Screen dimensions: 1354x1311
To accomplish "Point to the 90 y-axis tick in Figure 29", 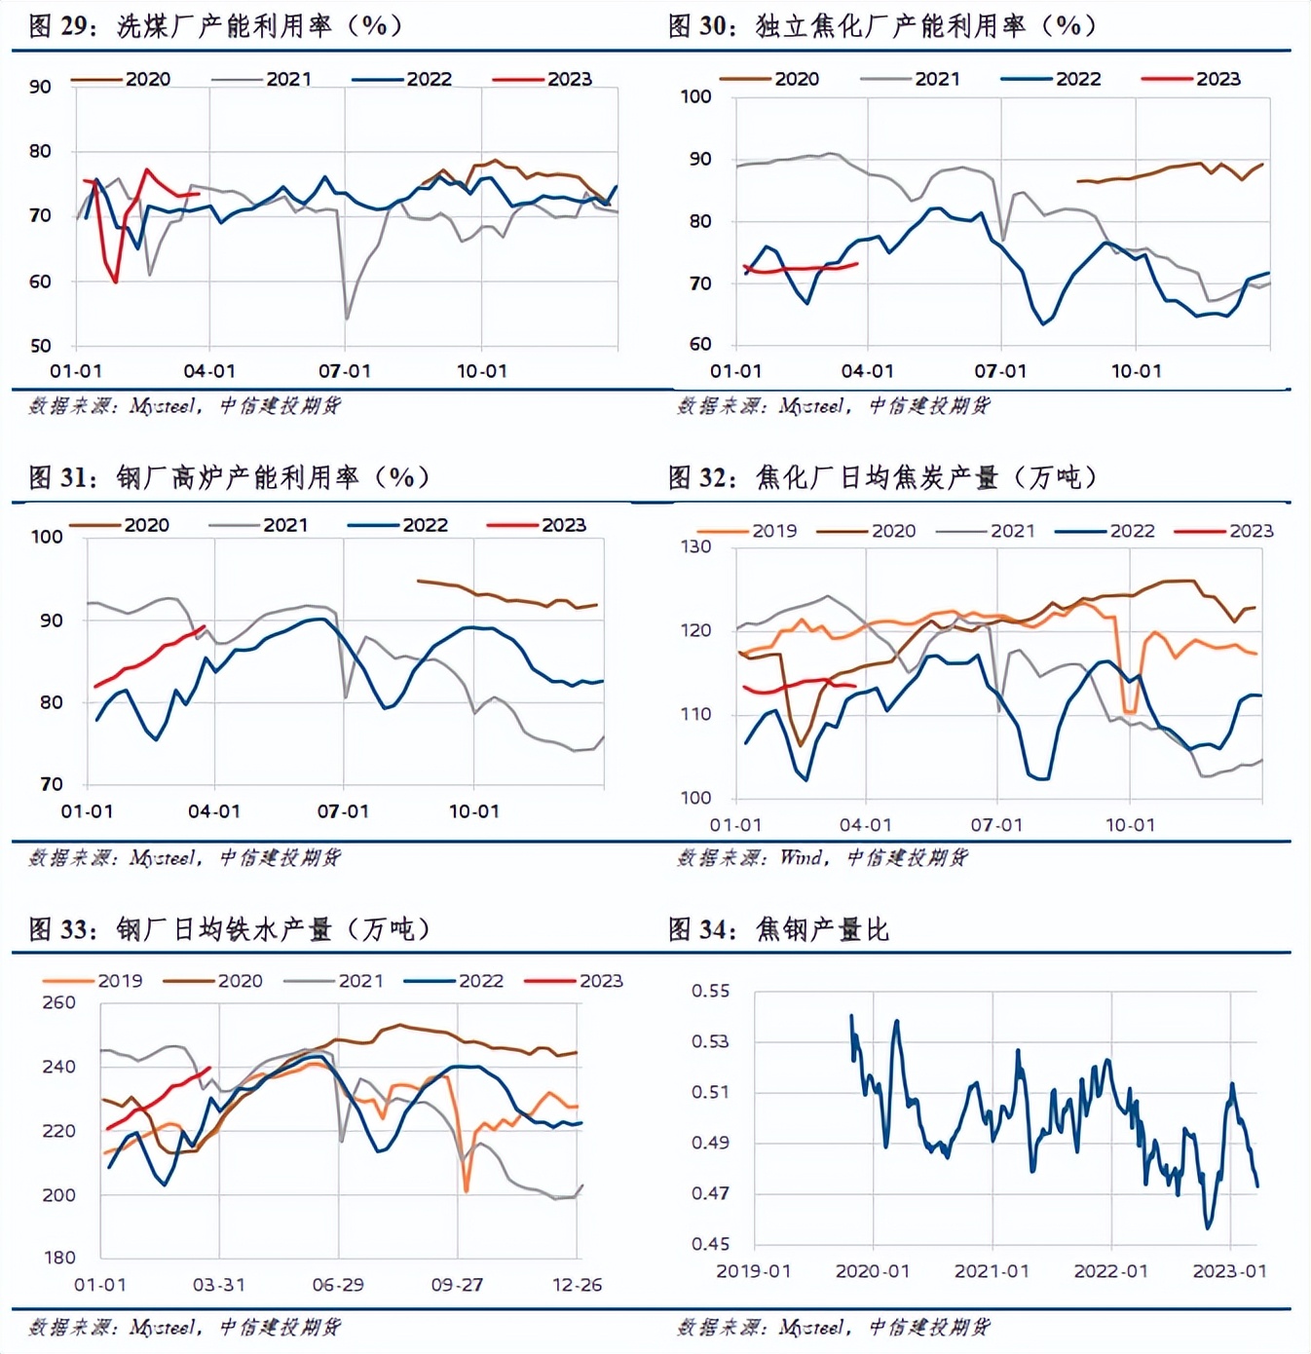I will click(x=40, y=87).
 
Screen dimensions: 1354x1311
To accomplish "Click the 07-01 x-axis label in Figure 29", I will click(x=345, y=371).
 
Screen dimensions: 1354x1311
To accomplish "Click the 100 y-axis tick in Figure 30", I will click(x=695, y=96).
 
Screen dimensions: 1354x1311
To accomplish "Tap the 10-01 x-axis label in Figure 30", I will click(x=1136, y=371).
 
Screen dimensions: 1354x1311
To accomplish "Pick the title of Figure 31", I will click(x=228, y=477).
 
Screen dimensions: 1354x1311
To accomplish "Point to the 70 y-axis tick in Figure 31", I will click(x=51, y=784).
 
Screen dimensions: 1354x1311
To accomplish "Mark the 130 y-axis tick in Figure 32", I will click(x=695, y=546).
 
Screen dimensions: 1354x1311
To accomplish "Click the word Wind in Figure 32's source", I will click(x=801, y=857).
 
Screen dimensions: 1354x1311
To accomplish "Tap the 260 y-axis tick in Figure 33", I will click(x=59, y=1002).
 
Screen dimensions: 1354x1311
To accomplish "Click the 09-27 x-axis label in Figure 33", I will click(x=457, y=1285).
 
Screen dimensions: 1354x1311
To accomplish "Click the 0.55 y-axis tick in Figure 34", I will click(x=710, y=991).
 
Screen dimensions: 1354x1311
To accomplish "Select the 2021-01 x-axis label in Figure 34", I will click(x=991, y=1271).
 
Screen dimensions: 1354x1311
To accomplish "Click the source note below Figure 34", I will click(x=833, y=1327).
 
